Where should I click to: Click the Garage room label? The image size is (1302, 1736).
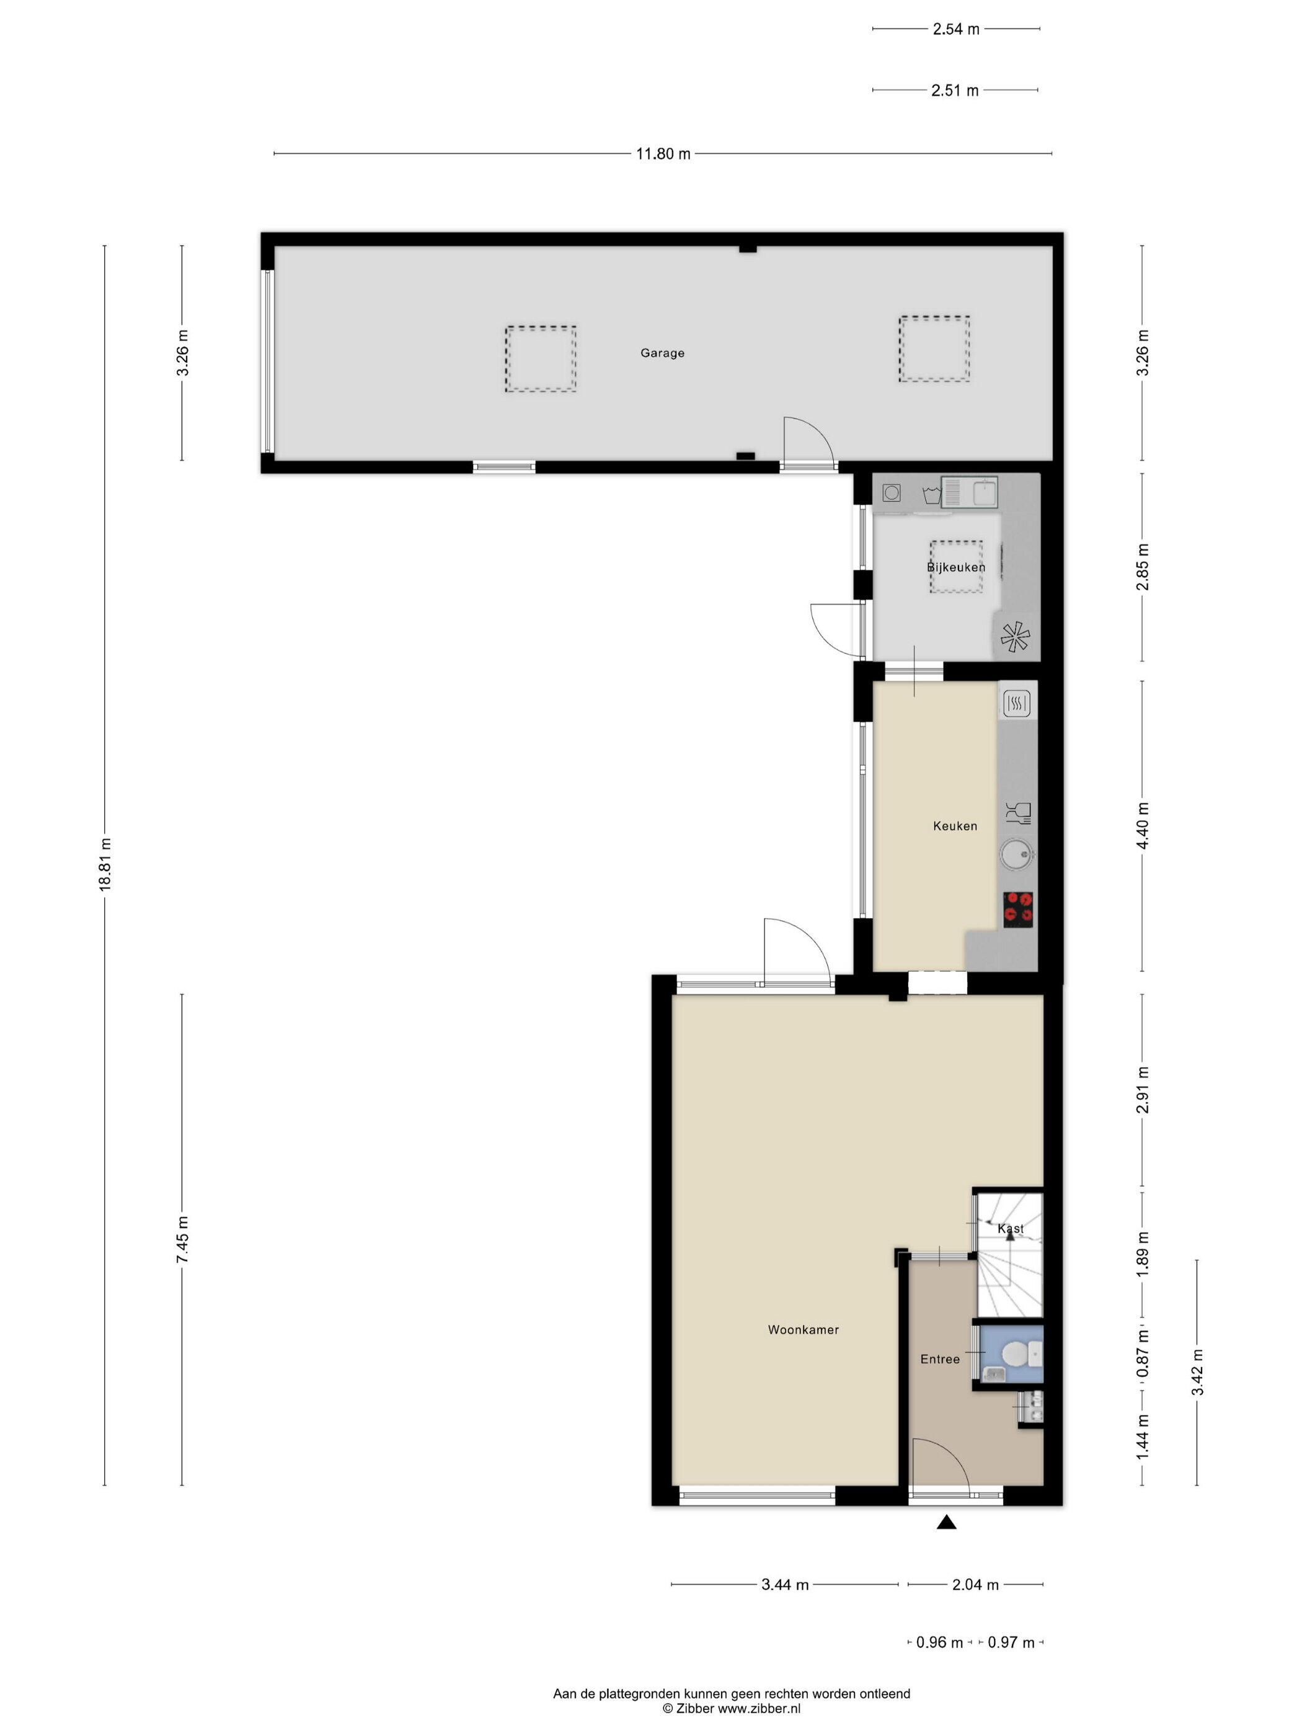point(662,353)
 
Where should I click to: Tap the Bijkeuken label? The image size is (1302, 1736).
point(956,567)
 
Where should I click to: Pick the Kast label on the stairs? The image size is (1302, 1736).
point(1010,1228)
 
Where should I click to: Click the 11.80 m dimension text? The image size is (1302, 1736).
point(663,154)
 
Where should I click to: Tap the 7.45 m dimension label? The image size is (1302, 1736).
point(183,1239)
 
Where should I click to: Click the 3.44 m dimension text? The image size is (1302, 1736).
point(785,1585)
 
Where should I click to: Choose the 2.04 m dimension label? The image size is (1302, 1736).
point(975,1585)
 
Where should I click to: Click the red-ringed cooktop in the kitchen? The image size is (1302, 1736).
point(1018,910)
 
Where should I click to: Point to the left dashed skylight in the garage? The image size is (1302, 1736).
point(540,360)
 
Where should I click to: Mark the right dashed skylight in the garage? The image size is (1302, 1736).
point(934,349)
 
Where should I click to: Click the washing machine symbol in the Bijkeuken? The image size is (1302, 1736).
point(891,493)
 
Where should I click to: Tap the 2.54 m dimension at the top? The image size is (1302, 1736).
point(956,30)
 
